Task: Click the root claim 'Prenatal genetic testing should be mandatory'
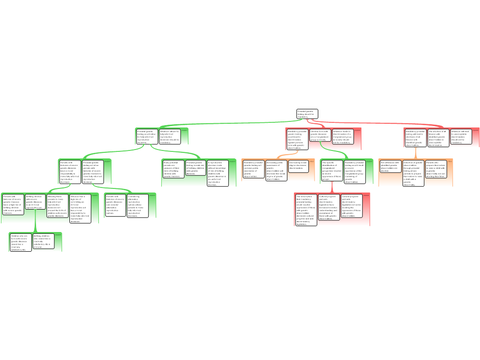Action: [x=307, y=114]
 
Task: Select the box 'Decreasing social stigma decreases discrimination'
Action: [x=298, y=166]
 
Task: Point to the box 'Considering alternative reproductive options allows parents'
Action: [x=137, y=206]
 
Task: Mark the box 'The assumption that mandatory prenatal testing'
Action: [x=306, y=210]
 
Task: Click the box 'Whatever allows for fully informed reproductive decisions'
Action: [x=169, y=136]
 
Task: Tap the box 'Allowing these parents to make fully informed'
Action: [x=57, y=206]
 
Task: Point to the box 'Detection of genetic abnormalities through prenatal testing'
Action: [x=413, y=173]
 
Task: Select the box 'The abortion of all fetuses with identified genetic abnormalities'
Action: [x=438, y=138]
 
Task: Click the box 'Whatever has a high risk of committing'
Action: [x=80, y=208]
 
